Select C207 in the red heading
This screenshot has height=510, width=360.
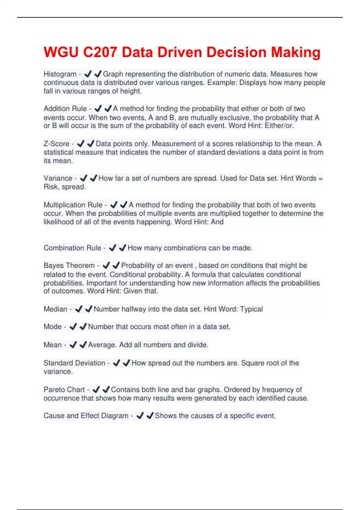tap(100, 52)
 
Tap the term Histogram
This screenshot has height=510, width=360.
tap(60, 74)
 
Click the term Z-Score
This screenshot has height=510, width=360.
tap(56, 144)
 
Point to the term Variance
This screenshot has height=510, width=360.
tap(58, 178)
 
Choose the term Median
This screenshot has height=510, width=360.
tap(55, 309)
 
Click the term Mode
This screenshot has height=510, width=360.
tap(52, 327)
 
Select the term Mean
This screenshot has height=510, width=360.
tap(52, 345)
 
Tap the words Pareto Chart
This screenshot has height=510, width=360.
tap(64, 390)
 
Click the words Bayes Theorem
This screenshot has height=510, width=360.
tap(69, 265)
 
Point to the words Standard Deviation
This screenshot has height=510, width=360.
tap(74, 363)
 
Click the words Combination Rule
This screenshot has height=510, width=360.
tap(72, 248)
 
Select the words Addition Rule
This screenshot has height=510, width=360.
tap(65, 109)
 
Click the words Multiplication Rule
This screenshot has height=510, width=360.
tap(73, 205)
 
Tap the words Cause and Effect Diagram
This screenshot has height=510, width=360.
tap(86, 416)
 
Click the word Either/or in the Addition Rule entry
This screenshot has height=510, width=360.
tap(279, 126)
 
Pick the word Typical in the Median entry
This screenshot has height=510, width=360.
tap(251, 309)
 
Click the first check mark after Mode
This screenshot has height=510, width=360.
tap(73, 327)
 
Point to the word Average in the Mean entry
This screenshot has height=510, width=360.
tap(102, 345)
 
